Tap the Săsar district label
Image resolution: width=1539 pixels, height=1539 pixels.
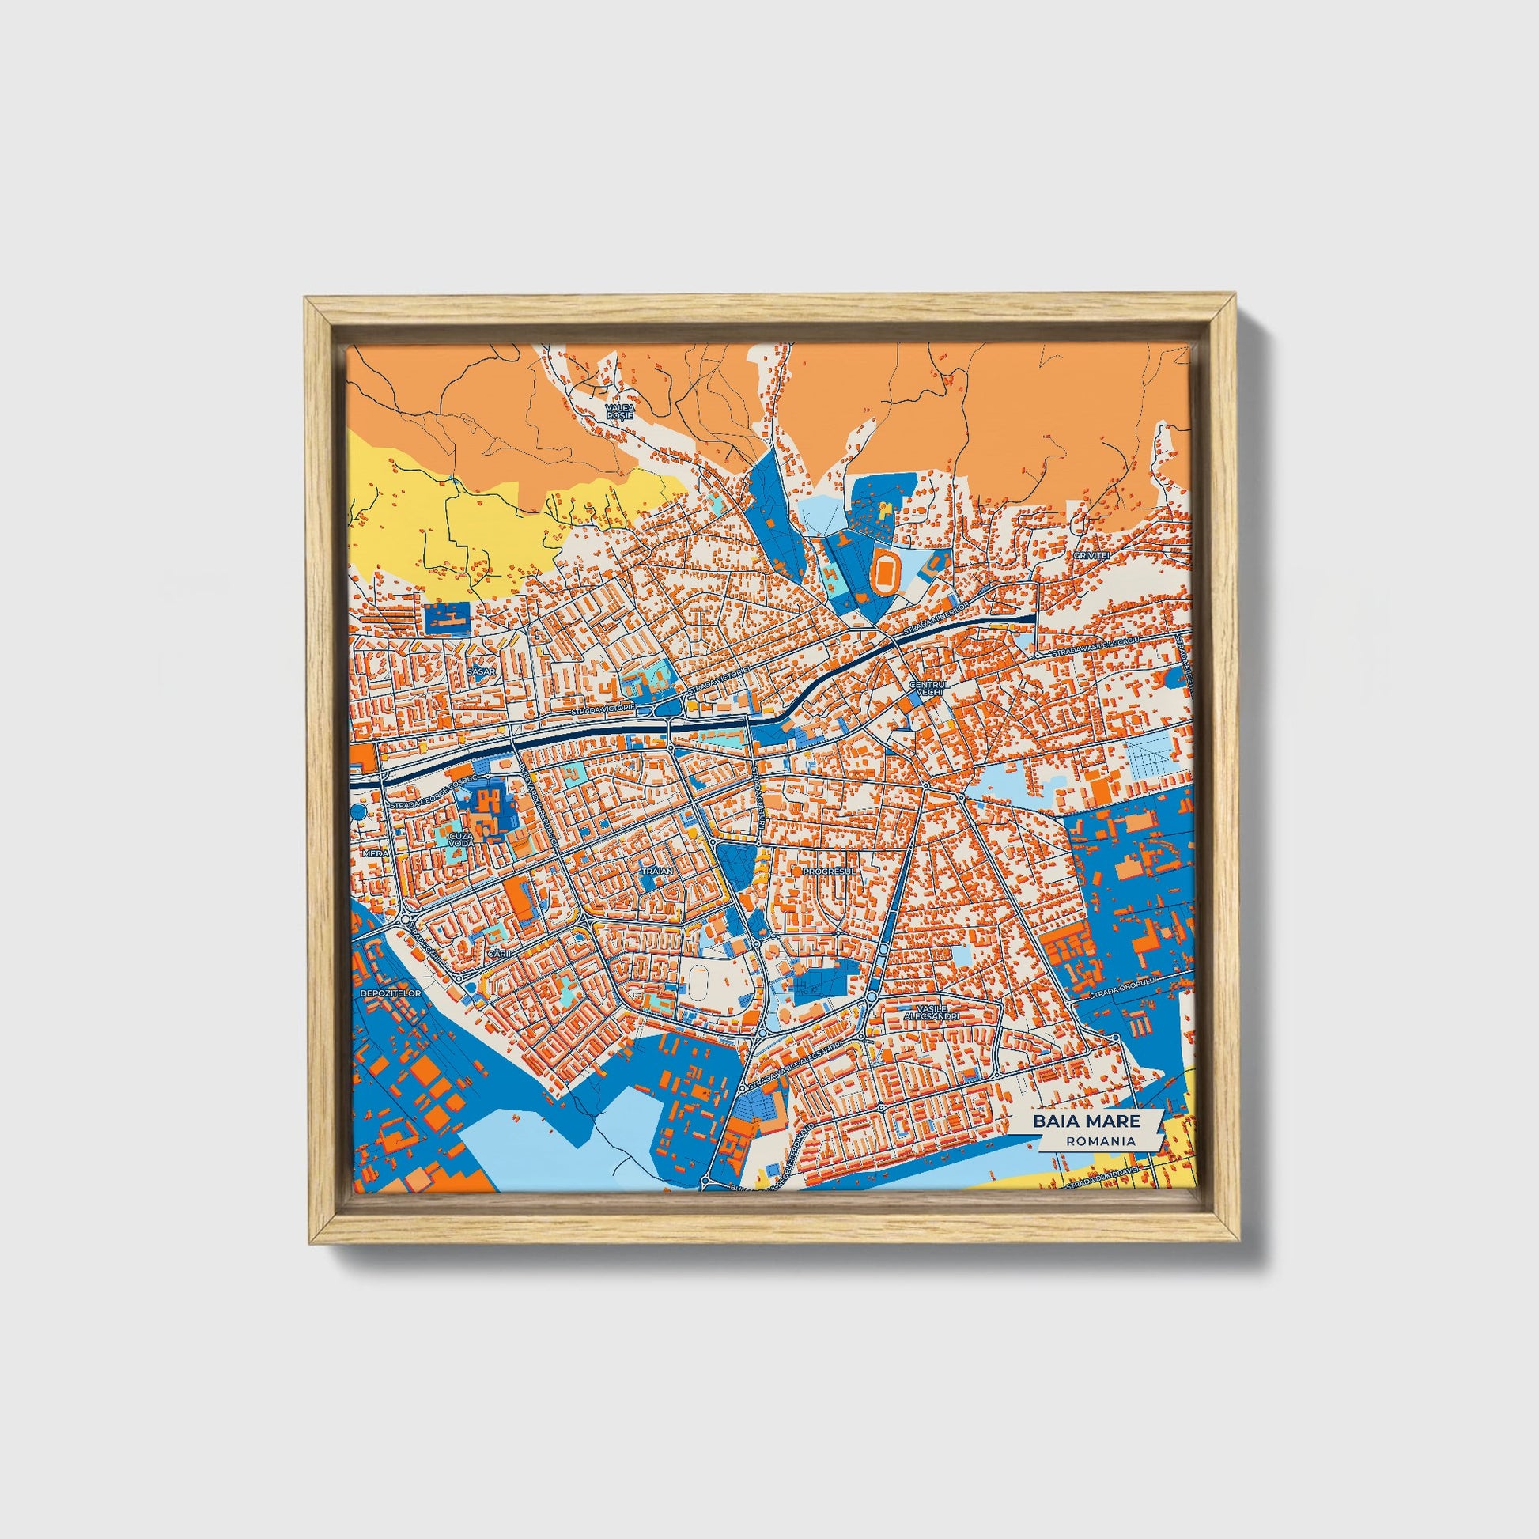[x=482, y=671]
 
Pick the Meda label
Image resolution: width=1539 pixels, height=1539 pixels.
[x=374, y=853]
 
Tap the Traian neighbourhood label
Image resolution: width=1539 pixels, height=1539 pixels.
[x=660, y=872]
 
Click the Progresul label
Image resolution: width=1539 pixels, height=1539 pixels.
[x=830, y=872]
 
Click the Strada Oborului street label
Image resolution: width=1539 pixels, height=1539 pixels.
[x=1121, y=993]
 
